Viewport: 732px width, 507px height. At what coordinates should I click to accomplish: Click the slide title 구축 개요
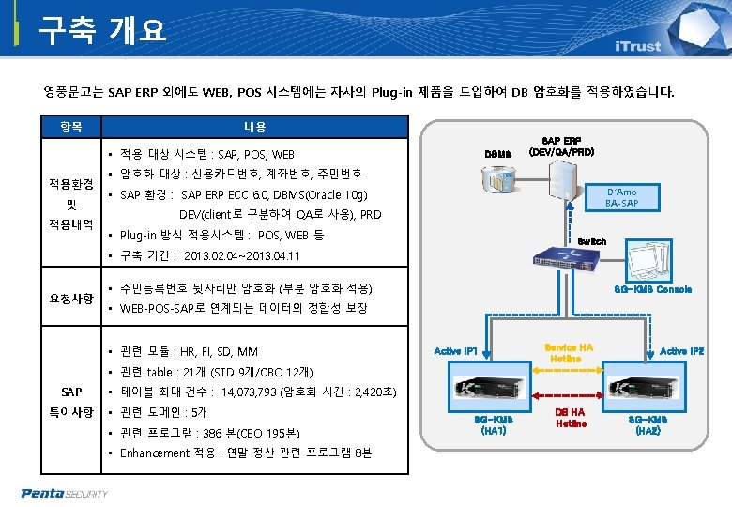click(x=102, y=30)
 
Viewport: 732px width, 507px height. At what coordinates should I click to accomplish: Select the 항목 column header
click(x=71, y=127)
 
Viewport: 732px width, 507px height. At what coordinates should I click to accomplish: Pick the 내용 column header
click(x=255, y=127)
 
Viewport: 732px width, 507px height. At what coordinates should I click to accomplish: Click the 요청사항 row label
click(x=71, y=299)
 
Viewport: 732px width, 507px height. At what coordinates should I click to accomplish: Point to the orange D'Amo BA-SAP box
click(x=621, y=197)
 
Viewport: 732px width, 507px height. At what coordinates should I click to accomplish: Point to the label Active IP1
click(x=457, y=351)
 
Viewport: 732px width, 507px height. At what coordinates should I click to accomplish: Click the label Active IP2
click(x=682, y=351)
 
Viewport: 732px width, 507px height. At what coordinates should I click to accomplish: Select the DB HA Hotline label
click(x=570, y=418)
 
